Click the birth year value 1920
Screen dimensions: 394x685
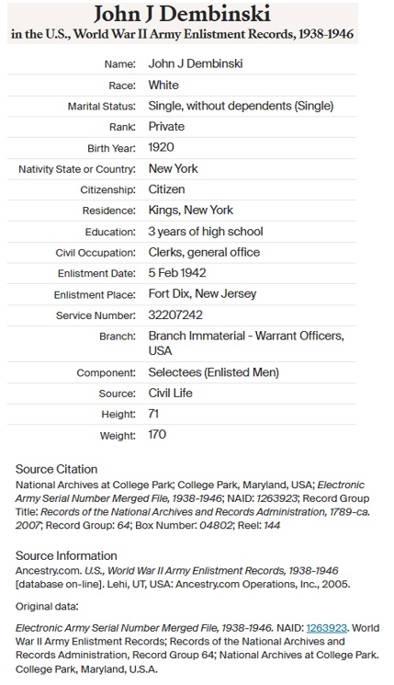point(162,147)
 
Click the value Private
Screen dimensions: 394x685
point(166,127)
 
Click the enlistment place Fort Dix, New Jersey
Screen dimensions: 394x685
point(202,294)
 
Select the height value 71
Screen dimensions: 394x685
point(154,415)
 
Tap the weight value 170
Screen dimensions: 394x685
point(157,435)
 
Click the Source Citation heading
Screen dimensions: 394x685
point(57,469)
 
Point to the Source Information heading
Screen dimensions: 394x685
point(65,555)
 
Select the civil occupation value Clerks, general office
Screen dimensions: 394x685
point(204,252)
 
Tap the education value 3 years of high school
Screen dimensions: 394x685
point(206,231)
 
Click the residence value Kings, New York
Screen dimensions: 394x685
point(190,211)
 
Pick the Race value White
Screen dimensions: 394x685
point(163,85)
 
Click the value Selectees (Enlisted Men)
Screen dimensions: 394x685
point(213,372)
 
